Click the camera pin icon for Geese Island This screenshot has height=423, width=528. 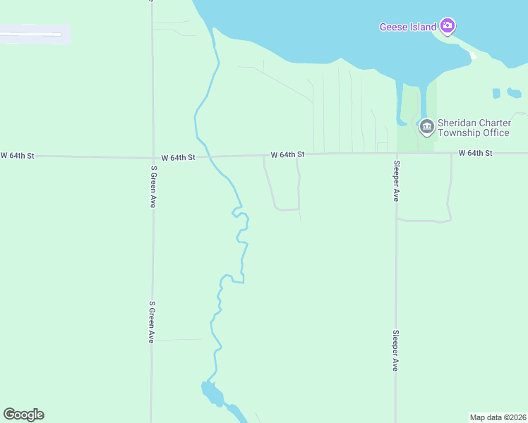[x=447, y=26]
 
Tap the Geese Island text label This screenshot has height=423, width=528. [x=408, y=27]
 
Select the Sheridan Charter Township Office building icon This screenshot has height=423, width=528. [x=426, y=127]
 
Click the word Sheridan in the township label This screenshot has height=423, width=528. [x=456, y=123]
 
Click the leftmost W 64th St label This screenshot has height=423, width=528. [x=17, y=154]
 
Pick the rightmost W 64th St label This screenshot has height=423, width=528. [x=474, y=152]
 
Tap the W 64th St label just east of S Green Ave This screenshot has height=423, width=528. [x=178, y=157]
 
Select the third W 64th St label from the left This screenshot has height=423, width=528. [x=287, y=154]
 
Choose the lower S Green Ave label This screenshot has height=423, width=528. [x=152, y=322]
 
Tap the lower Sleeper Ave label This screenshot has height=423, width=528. [x=396, y=350]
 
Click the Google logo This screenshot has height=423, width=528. [x=23, y=415]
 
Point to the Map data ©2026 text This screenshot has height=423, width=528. [x=498, y=417]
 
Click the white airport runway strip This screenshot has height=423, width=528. [x=32, y=33]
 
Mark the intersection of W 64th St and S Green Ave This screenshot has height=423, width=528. [x=152, y=157]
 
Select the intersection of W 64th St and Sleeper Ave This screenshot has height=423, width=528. [x=396, y=153]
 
